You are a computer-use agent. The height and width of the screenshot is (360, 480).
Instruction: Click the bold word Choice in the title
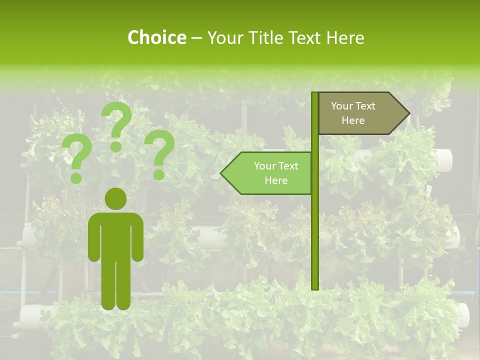[x=156, y=38]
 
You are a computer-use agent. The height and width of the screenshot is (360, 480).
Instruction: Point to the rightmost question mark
[x=159, y=152]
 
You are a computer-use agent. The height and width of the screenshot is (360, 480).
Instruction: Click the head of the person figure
[x=115, y=198]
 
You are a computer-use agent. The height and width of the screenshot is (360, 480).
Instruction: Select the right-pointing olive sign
[x=360, y=113]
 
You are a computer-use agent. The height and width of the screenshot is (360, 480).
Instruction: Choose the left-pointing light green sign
[x=270, y=173]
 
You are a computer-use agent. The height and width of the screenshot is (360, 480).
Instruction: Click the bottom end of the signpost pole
[x=315, y=287]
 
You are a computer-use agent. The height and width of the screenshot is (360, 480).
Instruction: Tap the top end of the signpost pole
[x=315, y=94]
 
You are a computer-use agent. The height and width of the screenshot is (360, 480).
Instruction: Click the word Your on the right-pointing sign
[x=341, y=106]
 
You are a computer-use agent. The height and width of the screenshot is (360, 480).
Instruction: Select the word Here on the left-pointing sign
[x=276, y=180]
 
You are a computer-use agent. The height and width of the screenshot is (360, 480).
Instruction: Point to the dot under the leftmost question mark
[x=76, y=177]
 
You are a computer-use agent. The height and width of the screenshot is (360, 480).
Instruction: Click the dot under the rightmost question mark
[x=159, y=174]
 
